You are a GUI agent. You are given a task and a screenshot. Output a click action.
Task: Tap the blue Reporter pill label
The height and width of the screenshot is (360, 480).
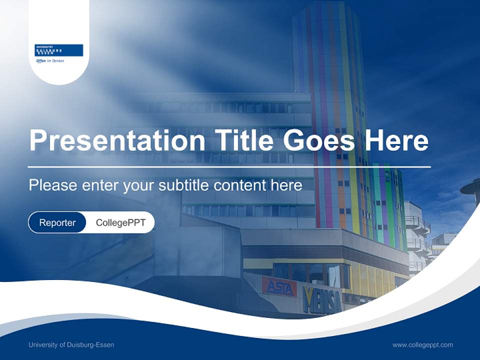[x=57, y=222]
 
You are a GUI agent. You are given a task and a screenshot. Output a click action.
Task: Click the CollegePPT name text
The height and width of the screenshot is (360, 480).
[x=120, y=222]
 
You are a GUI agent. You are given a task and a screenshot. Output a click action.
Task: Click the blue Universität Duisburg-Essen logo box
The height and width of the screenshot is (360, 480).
[x=58, y=50]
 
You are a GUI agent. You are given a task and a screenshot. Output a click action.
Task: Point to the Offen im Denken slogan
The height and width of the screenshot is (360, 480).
[x=49, y=61]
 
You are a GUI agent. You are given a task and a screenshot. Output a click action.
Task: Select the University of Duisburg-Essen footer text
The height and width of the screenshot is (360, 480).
[x=71, y=345]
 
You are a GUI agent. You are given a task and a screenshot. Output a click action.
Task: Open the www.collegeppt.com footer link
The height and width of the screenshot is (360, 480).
[x=422, y=345]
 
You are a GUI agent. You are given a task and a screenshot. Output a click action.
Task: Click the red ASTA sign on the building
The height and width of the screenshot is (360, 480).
[x=279, y=287]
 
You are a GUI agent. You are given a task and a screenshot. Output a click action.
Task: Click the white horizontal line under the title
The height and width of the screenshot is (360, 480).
[x=229, y=166]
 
